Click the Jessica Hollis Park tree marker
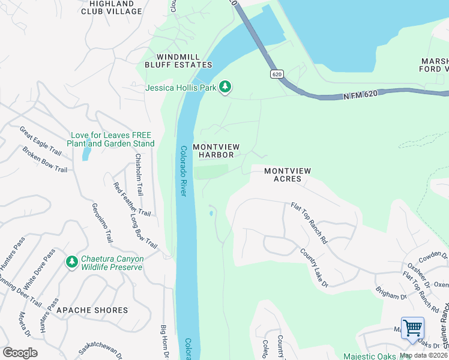pos(225,88)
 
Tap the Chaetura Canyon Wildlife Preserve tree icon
pos(72,262)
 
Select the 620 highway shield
pos(276,74)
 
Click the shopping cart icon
pos(412,329)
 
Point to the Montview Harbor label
pos(212,151)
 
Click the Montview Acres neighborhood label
pos(288,175)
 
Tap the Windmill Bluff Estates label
pos(178,60)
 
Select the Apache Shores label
pos(92,310)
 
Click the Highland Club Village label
pos(111,7)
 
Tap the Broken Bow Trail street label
pos(44,159)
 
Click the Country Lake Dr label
pos(314,264)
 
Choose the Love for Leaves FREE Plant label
pos(112,139)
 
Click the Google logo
pos(20,353)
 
